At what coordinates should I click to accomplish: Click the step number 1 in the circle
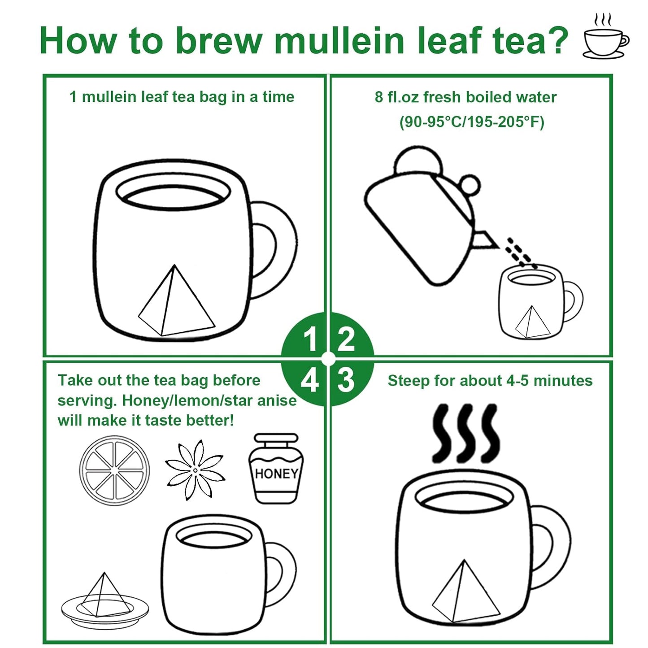tap(310, 339)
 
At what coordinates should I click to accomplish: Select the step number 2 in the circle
tap(346, 339)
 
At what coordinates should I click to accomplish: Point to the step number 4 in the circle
tap(309, 381)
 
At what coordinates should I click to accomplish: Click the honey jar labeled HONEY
tap(276, 469)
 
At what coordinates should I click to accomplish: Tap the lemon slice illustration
tap(114, 470)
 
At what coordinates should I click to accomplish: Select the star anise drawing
tap(195, 470)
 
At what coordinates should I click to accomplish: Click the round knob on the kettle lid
tap(470, 185)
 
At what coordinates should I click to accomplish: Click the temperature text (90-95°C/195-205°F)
tap(471, 122)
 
